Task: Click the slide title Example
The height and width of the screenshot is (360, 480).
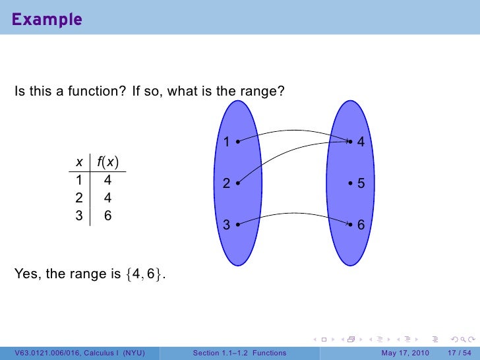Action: [46, 19]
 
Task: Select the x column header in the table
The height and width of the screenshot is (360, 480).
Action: [79, 162]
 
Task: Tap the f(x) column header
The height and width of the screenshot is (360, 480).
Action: [107, 162]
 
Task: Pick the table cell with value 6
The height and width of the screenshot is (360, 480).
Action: [107, 215]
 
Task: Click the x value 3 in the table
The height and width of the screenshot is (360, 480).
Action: [79, 215]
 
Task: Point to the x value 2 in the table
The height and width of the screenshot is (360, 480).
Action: [79, 197]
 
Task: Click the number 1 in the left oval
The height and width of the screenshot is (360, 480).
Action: [226, 142]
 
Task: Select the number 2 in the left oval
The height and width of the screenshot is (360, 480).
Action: [226, 185]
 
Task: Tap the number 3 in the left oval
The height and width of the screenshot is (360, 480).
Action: [226, 225]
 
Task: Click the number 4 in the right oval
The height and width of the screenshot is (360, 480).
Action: [361, 142]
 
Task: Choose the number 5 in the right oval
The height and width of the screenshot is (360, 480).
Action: [361, 185]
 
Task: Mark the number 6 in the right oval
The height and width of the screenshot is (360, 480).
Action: [361, 225]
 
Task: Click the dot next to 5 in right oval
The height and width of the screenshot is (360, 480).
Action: [351, 185]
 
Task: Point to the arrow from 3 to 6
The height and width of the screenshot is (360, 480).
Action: [293, 214]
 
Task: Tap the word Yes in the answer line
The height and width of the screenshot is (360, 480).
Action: [26, 274]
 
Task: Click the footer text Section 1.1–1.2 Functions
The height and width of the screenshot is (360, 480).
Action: [239, 353]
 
